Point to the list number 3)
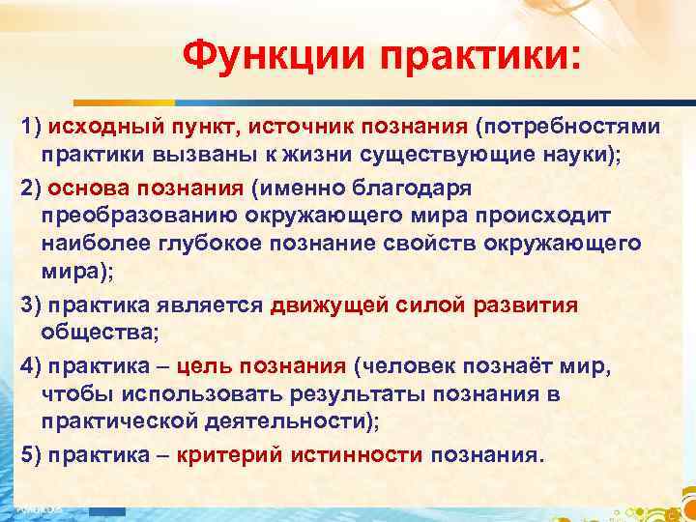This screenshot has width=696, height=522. point(32,305)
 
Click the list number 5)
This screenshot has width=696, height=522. point(32,456)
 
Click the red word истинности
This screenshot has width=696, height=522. point(359,456)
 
